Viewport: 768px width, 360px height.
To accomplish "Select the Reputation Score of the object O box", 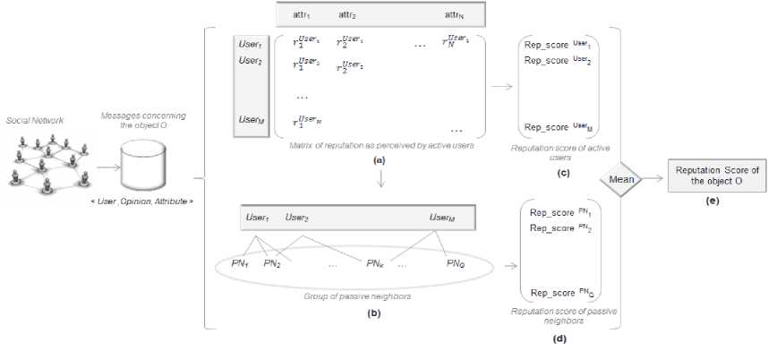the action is (x=715, y=176).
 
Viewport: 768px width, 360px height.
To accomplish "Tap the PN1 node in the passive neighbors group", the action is (x=240, y=263).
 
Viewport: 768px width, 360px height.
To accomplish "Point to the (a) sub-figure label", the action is (x=380, y=158).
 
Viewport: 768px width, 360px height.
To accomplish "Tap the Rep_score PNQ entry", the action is (x=560, y=293).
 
